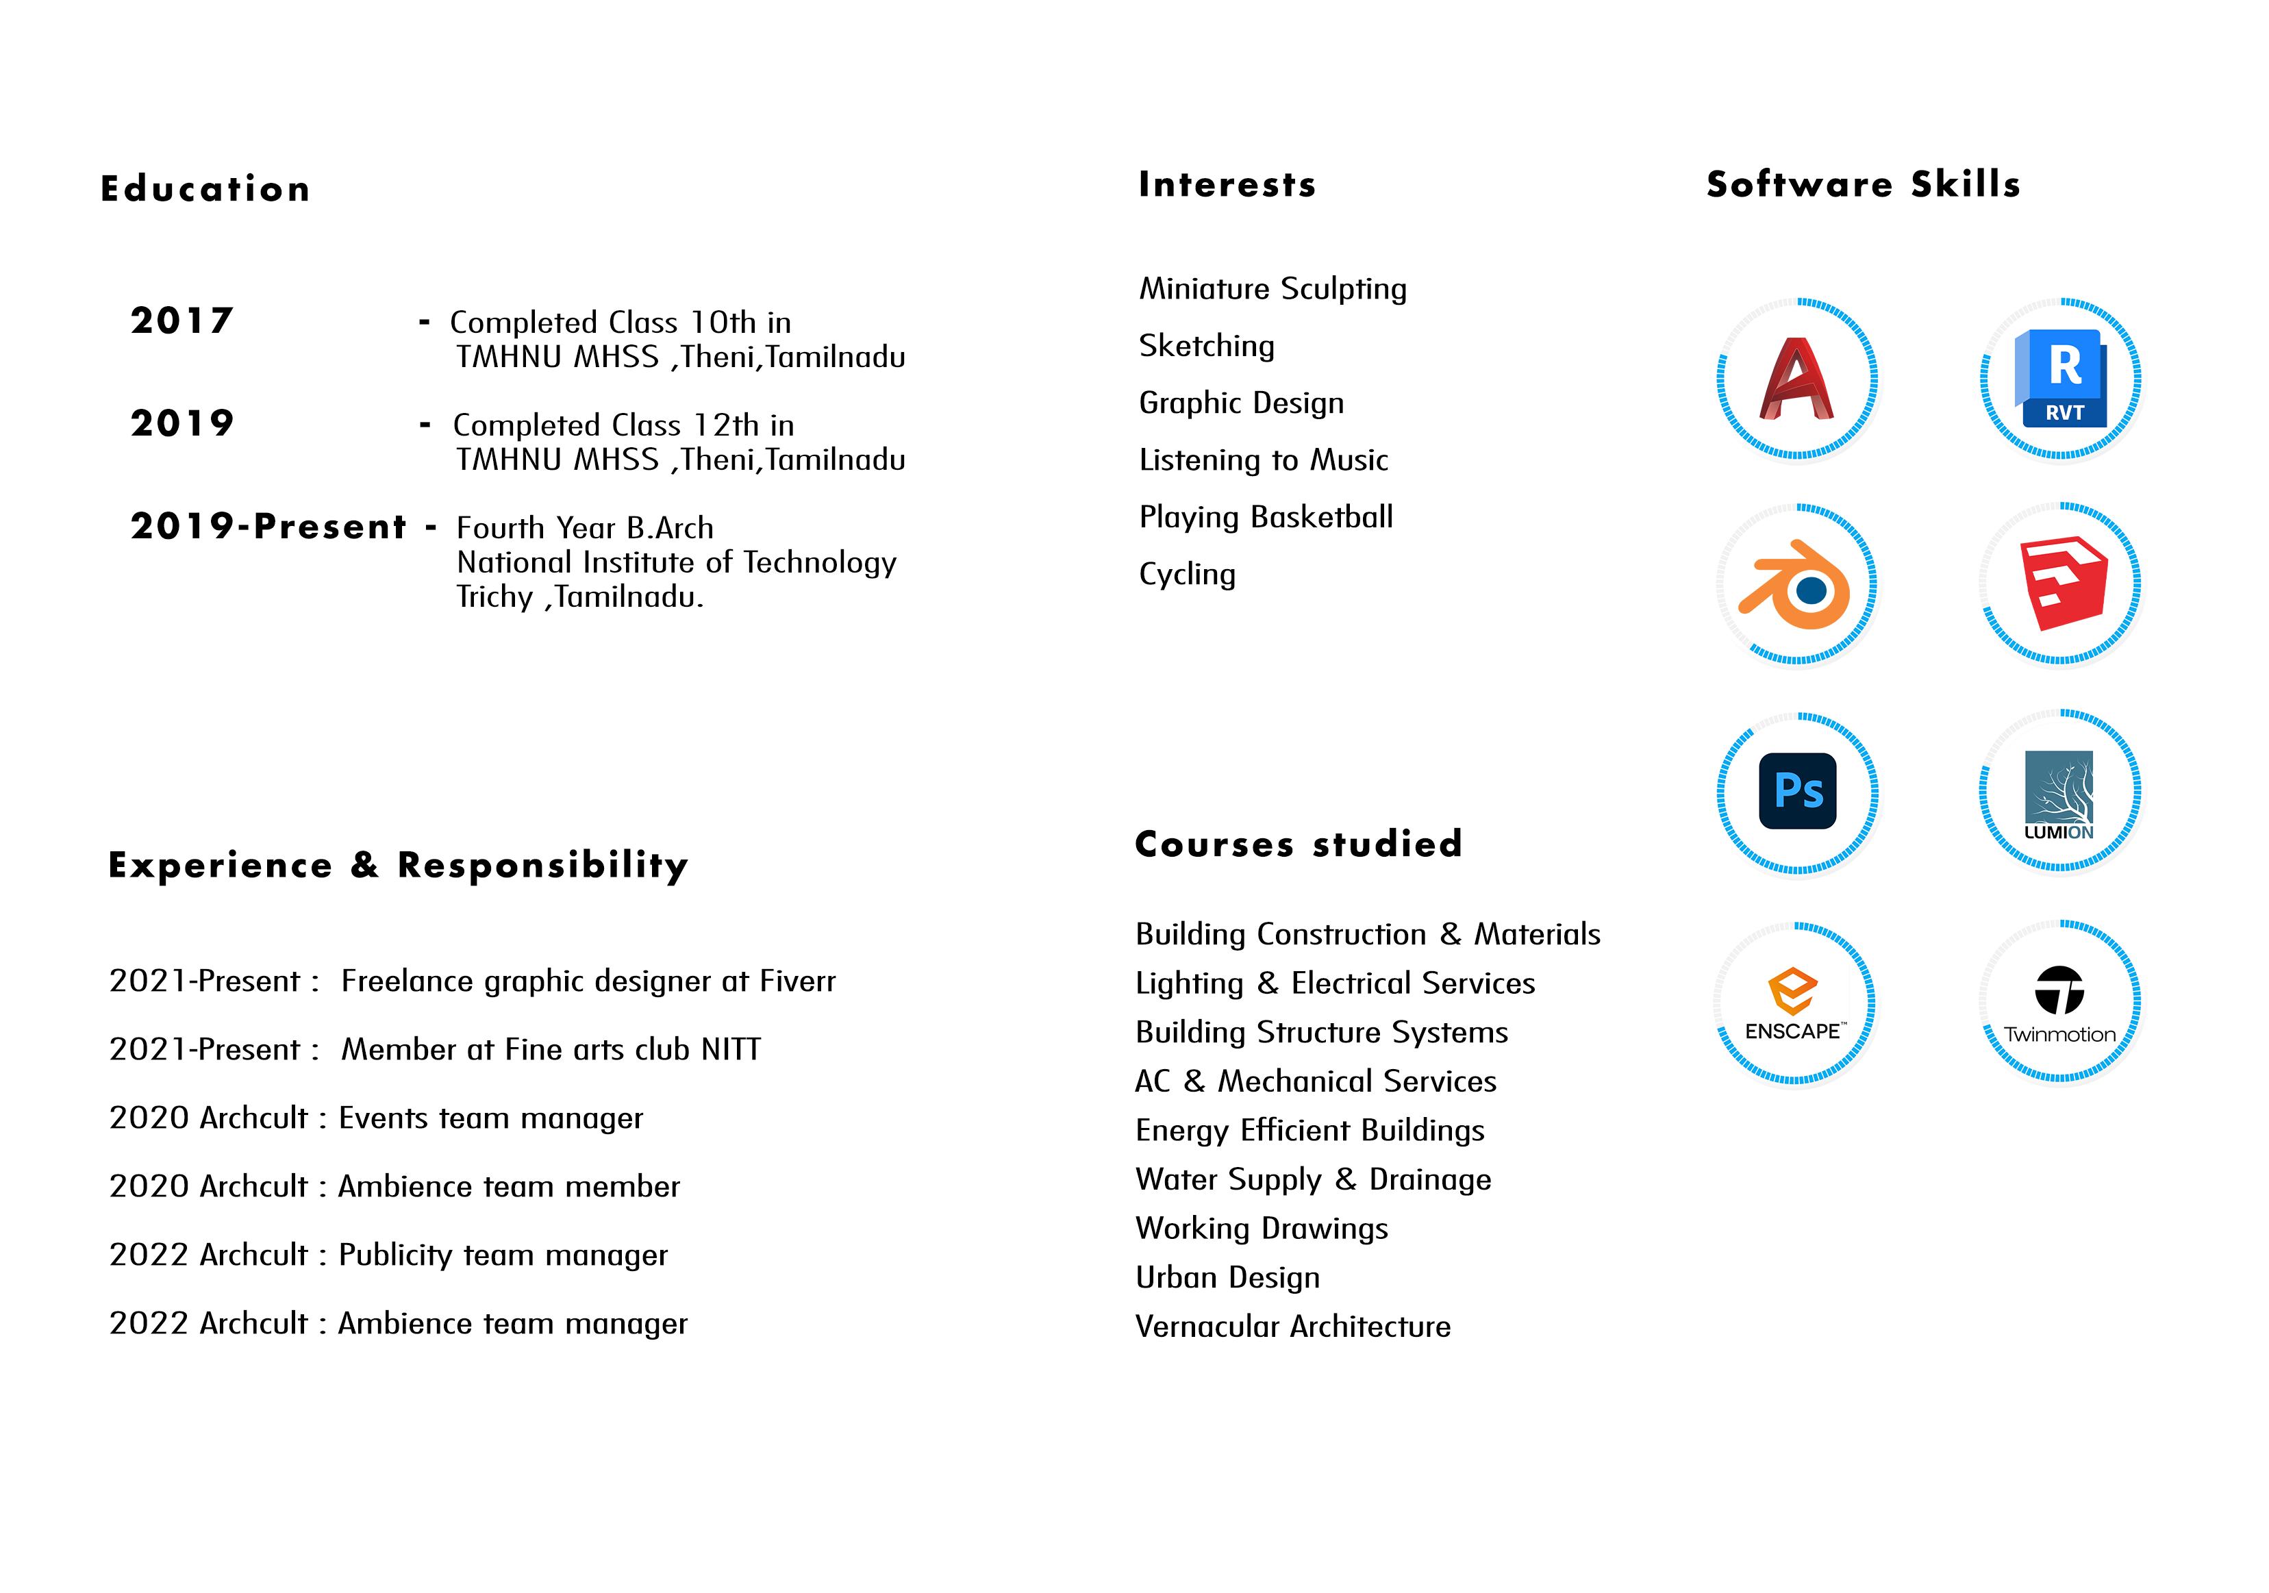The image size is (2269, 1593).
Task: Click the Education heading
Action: coord(205,189)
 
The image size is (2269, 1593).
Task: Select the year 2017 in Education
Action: coord(182,321)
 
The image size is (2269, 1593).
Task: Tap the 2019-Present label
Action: coord(268,526)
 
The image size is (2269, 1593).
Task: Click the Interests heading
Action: coord(1227,185)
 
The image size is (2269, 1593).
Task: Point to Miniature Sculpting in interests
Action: coord(1273,288)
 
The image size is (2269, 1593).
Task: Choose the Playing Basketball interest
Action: coord(1266,517)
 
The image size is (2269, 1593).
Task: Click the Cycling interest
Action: coord(1187,574)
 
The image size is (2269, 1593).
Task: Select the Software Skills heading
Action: coord(1863,185)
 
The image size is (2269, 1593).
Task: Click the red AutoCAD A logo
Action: coord(1796,379)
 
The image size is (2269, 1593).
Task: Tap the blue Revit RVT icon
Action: coord(2061,379)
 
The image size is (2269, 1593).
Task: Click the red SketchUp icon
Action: coord(2062,583)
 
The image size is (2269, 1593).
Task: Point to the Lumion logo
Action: coord(2059,794)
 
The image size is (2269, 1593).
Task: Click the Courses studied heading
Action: coord(1298,844)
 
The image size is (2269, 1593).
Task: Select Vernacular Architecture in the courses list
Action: coord(1292,1326)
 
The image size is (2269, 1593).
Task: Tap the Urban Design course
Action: coord(1227,1278)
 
